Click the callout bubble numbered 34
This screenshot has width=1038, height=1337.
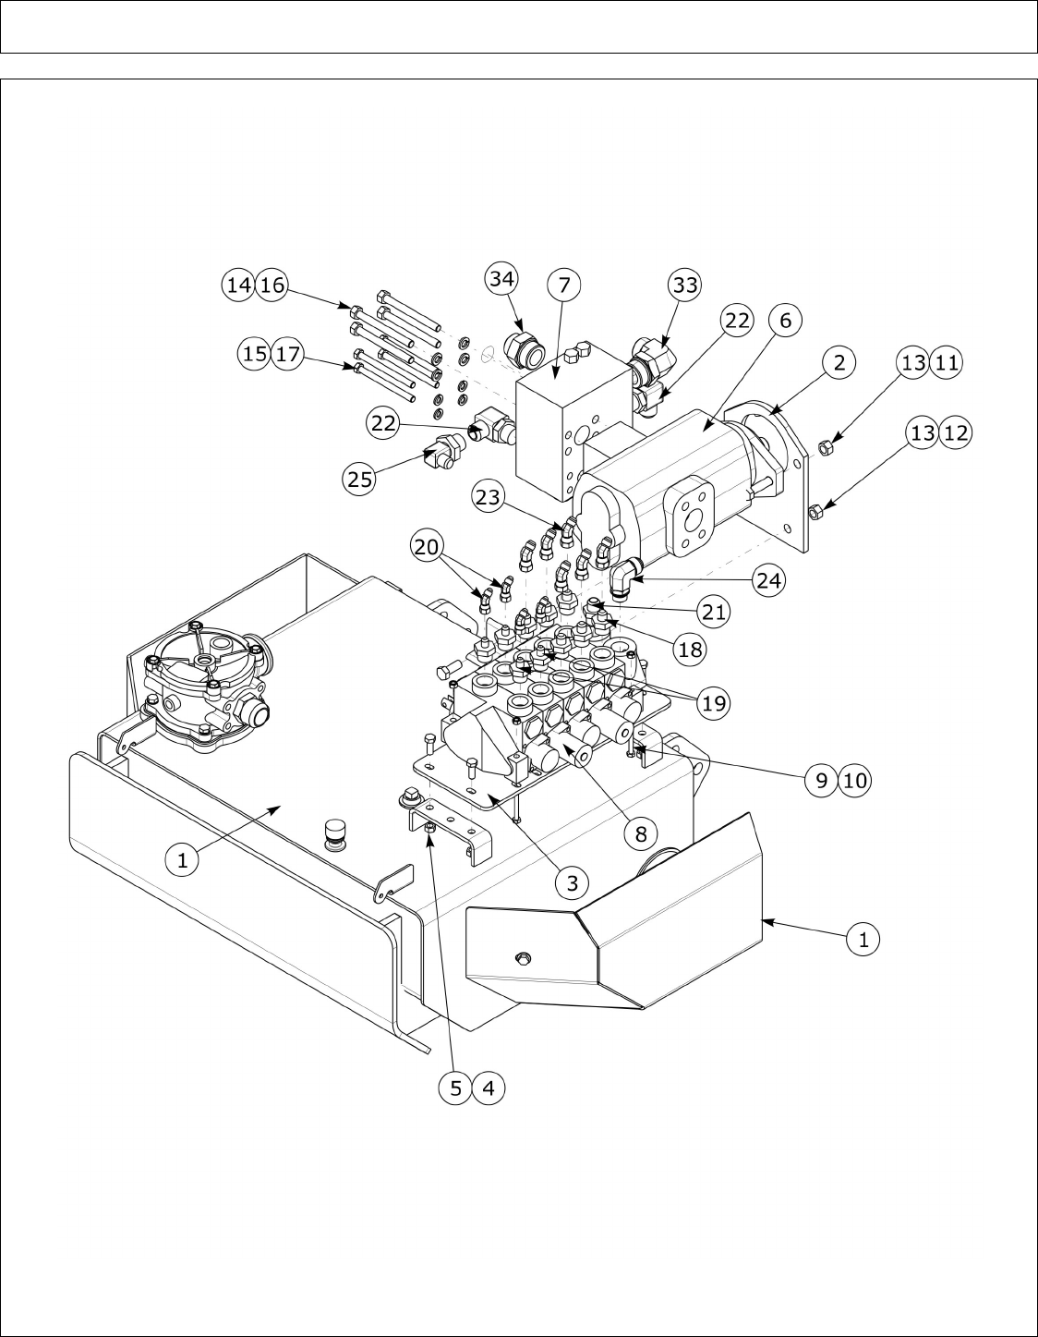coord(501,279)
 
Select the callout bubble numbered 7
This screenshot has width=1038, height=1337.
coord(564,285)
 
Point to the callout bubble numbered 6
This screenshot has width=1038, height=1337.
coord(785,320)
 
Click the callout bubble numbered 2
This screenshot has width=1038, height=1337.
coord(840,363)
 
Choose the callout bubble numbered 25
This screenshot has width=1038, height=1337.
coord(360,478)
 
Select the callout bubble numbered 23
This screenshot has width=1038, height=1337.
coord(489,496)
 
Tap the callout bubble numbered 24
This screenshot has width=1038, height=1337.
coord(768,579)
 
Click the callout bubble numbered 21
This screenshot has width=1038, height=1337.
coord(713,613)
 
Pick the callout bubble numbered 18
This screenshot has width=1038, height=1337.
coord(690,649)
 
